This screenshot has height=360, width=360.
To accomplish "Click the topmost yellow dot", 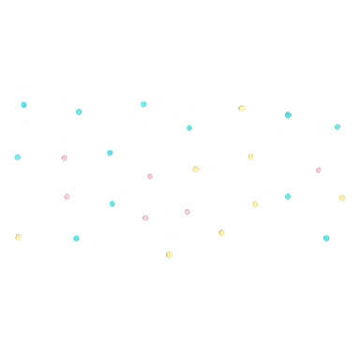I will tap(241, 108).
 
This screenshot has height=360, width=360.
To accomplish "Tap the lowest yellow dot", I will tap(169, 254).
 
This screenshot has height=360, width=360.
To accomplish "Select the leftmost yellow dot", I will tap(18, 236).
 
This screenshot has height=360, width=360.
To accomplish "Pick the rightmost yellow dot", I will tap(342, 198).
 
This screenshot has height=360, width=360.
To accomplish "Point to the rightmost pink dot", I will tap(318, 170).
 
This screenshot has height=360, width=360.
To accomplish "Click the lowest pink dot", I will tap(145, 217).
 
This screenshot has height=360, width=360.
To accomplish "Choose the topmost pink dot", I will tap(65, 157).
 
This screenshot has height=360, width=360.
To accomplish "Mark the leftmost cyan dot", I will tap(18, 157).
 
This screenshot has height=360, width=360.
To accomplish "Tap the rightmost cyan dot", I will tap(337, 127).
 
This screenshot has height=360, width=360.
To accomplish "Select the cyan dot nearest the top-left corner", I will tap(23, 104).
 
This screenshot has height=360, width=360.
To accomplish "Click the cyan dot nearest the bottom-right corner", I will tap(326, 237).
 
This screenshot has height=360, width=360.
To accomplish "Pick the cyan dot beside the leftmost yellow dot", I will tap(76, 237).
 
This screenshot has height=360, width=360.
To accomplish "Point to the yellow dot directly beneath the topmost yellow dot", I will tap(250, 157).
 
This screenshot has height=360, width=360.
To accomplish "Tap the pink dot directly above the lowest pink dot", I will tap(149, 175).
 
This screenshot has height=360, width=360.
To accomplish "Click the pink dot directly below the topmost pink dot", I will tap(67, 196).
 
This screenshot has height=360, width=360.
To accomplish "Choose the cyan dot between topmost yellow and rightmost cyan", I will tap(288, 114).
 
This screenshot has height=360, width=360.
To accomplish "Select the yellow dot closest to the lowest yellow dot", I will tap(221, 232).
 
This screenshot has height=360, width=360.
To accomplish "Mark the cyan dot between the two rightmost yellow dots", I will tap(288, 196).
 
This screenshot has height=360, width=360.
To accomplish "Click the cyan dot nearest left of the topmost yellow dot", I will tap(189, 127).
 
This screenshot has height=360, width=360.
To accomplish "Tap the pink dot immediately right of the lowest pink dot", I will tap(187, 211).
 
